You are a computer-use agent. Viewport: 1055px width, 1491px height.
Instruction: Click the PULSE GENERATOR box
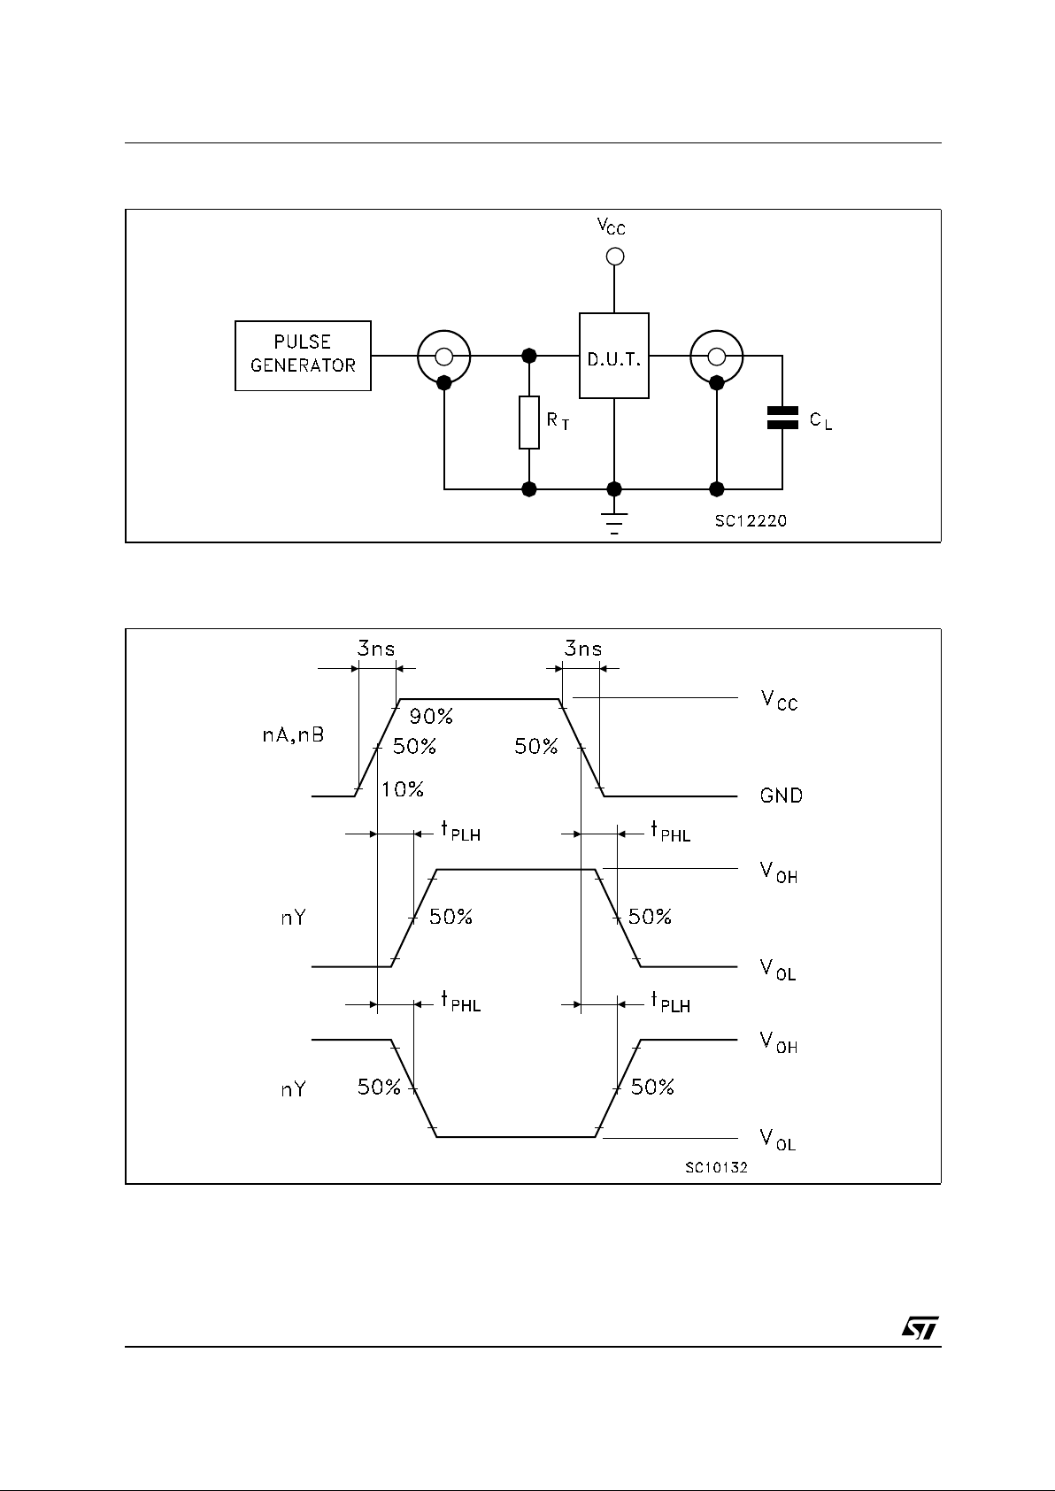coord(303,355)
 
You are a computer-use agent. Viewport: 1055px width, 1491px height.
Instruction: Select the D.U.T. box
coord(614,356)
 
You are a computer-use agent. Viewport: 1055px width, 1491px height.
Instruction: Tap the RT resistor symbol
coord(529,423)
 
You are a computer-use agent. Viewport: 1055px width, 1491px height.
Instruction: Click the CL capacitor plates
coord(782,419)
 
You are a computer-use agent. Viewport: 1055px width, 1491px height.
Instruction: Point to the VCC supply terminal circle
coord(614,257)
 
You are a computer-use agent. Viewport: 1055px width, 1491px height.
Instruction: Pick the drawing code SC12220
coord(751,521)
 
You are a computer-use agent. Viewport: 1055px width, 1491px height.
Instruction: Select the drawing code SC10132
coord(716,1168)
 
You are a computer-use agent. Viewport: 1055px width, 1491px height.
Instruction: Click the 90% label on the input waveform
coord(431,717)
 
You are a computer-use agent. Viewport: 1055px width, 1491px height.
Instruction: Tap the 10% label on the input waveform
coord(403,789)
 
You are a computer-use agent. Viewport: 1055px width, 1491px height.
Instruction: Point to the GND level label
coord(782,795)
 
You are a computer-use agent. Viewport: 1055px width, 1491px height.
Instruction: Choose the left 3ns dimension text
coord(376,649)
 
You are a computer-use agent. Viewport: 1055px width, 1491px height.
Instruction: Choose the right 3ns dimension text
coord(583,649)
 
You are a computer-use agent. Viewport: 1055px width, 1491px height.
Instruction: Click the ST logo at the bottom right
coord(920,1328)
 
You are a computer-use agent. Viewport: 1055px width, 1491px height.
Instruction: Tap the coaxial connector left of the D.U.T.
coord(444,357)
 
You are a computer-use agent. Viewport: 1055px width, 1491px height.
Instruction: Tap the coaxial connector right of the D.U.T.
coord(717,357)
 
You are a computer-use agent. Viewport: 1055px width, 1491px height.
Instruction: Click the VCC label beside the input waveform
coord(779,701)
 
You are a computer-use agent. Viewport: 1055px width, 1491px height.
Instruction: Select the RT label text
coord(558,422)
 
